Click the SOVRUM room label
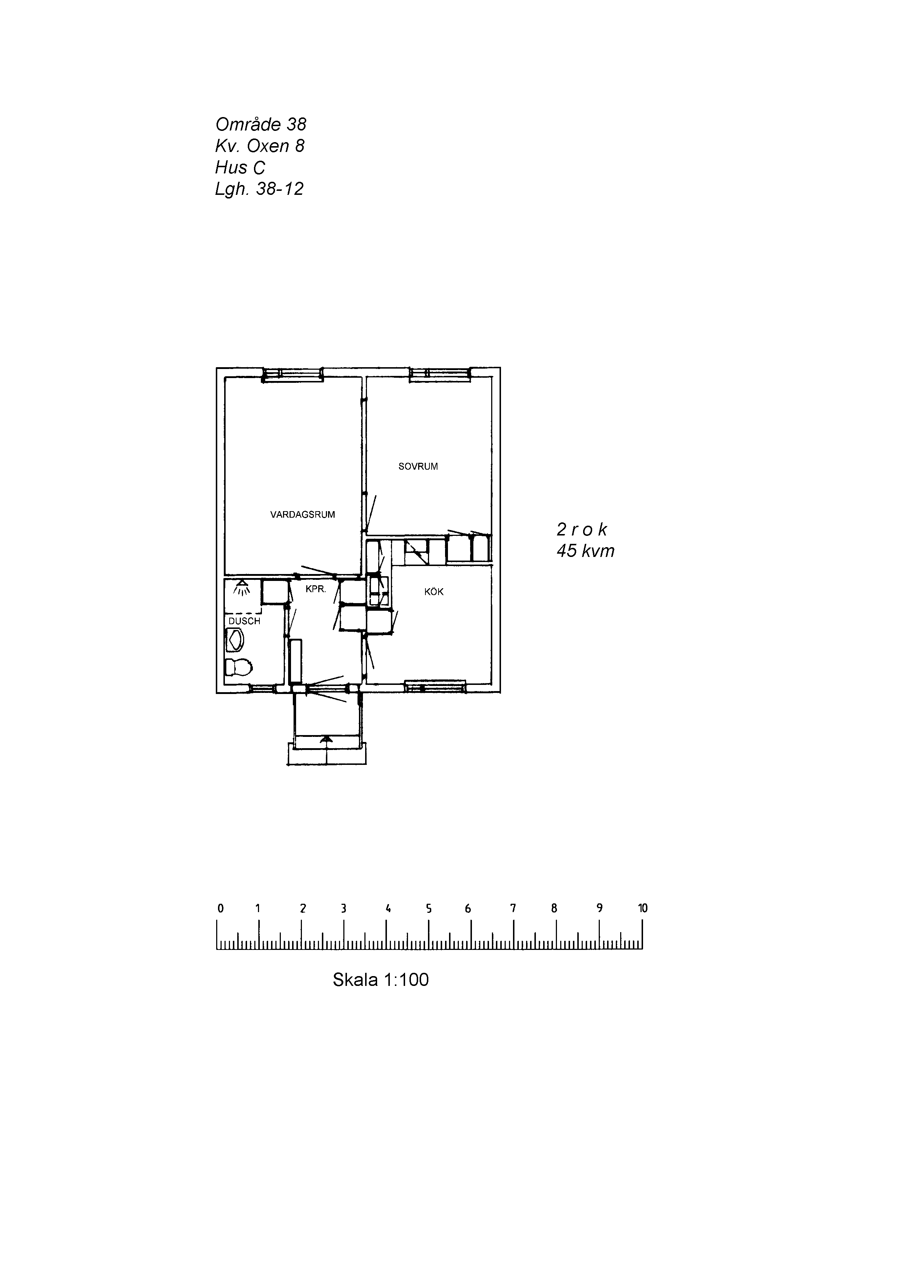pyautogui.click(x=418, y=466)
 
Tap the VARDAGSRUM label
pyautogui.click(x=303, y=514)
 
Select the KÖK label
pyautogui.click(x=434, y=592)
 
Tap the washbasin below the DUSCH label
pyautogui.click(x=234, y=640)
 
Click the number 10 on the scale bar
pyautogui.click(x=643, y=908)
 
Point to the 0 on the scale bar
pyautogui.click(x=221, y=908)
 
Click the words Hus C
pyautogui.click(x=240, y=167)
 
